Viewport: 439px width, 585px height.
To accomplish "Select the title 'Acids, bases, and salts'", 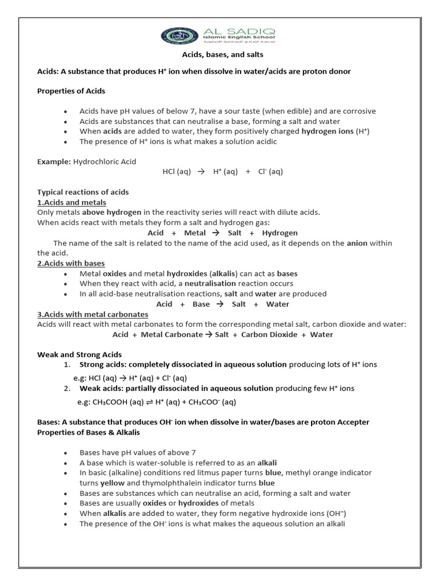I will (222, 55).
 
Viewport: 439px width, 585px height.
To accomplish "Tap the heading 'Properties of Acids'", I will (71, 91).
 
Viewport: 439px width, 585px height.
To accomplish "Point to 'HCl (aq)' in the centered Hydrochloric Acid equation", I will (177, 171).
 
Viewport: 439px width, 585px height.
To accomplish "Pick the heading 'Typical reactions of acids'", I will (83, 192).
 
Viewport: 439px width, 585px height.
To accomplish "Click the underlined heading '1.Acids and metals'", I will (71, 202).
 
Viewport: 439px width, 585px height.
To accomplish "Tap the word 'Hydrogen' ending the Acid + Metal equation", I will (280, 233).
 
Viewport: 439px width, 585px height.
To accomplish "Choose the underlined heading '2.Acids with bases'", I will (71, 263).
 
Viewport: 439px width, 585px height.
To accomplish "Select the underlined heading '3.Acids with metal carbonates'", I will (93, 314).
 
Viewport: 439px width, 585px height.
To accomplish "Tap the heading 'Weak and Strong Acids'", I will (79, 355).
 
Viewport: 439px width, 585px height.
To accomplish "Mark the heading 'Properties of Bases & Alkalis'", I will (89, 432).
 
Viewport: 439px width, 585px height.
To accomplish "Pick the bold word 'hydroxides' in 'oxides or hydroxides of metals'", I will (199, 503).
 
